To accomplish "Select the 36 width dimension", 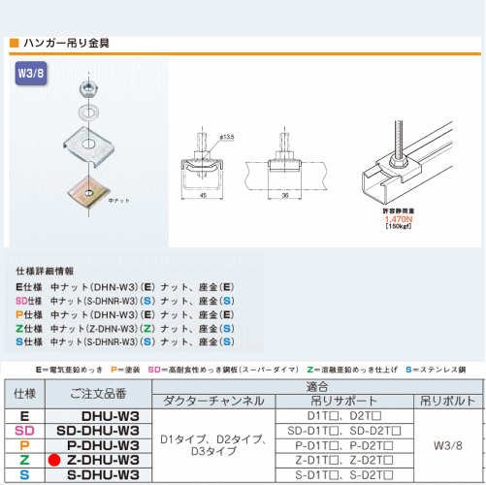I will (284, 195).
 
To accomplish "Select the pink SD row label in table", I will (25, 430).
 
